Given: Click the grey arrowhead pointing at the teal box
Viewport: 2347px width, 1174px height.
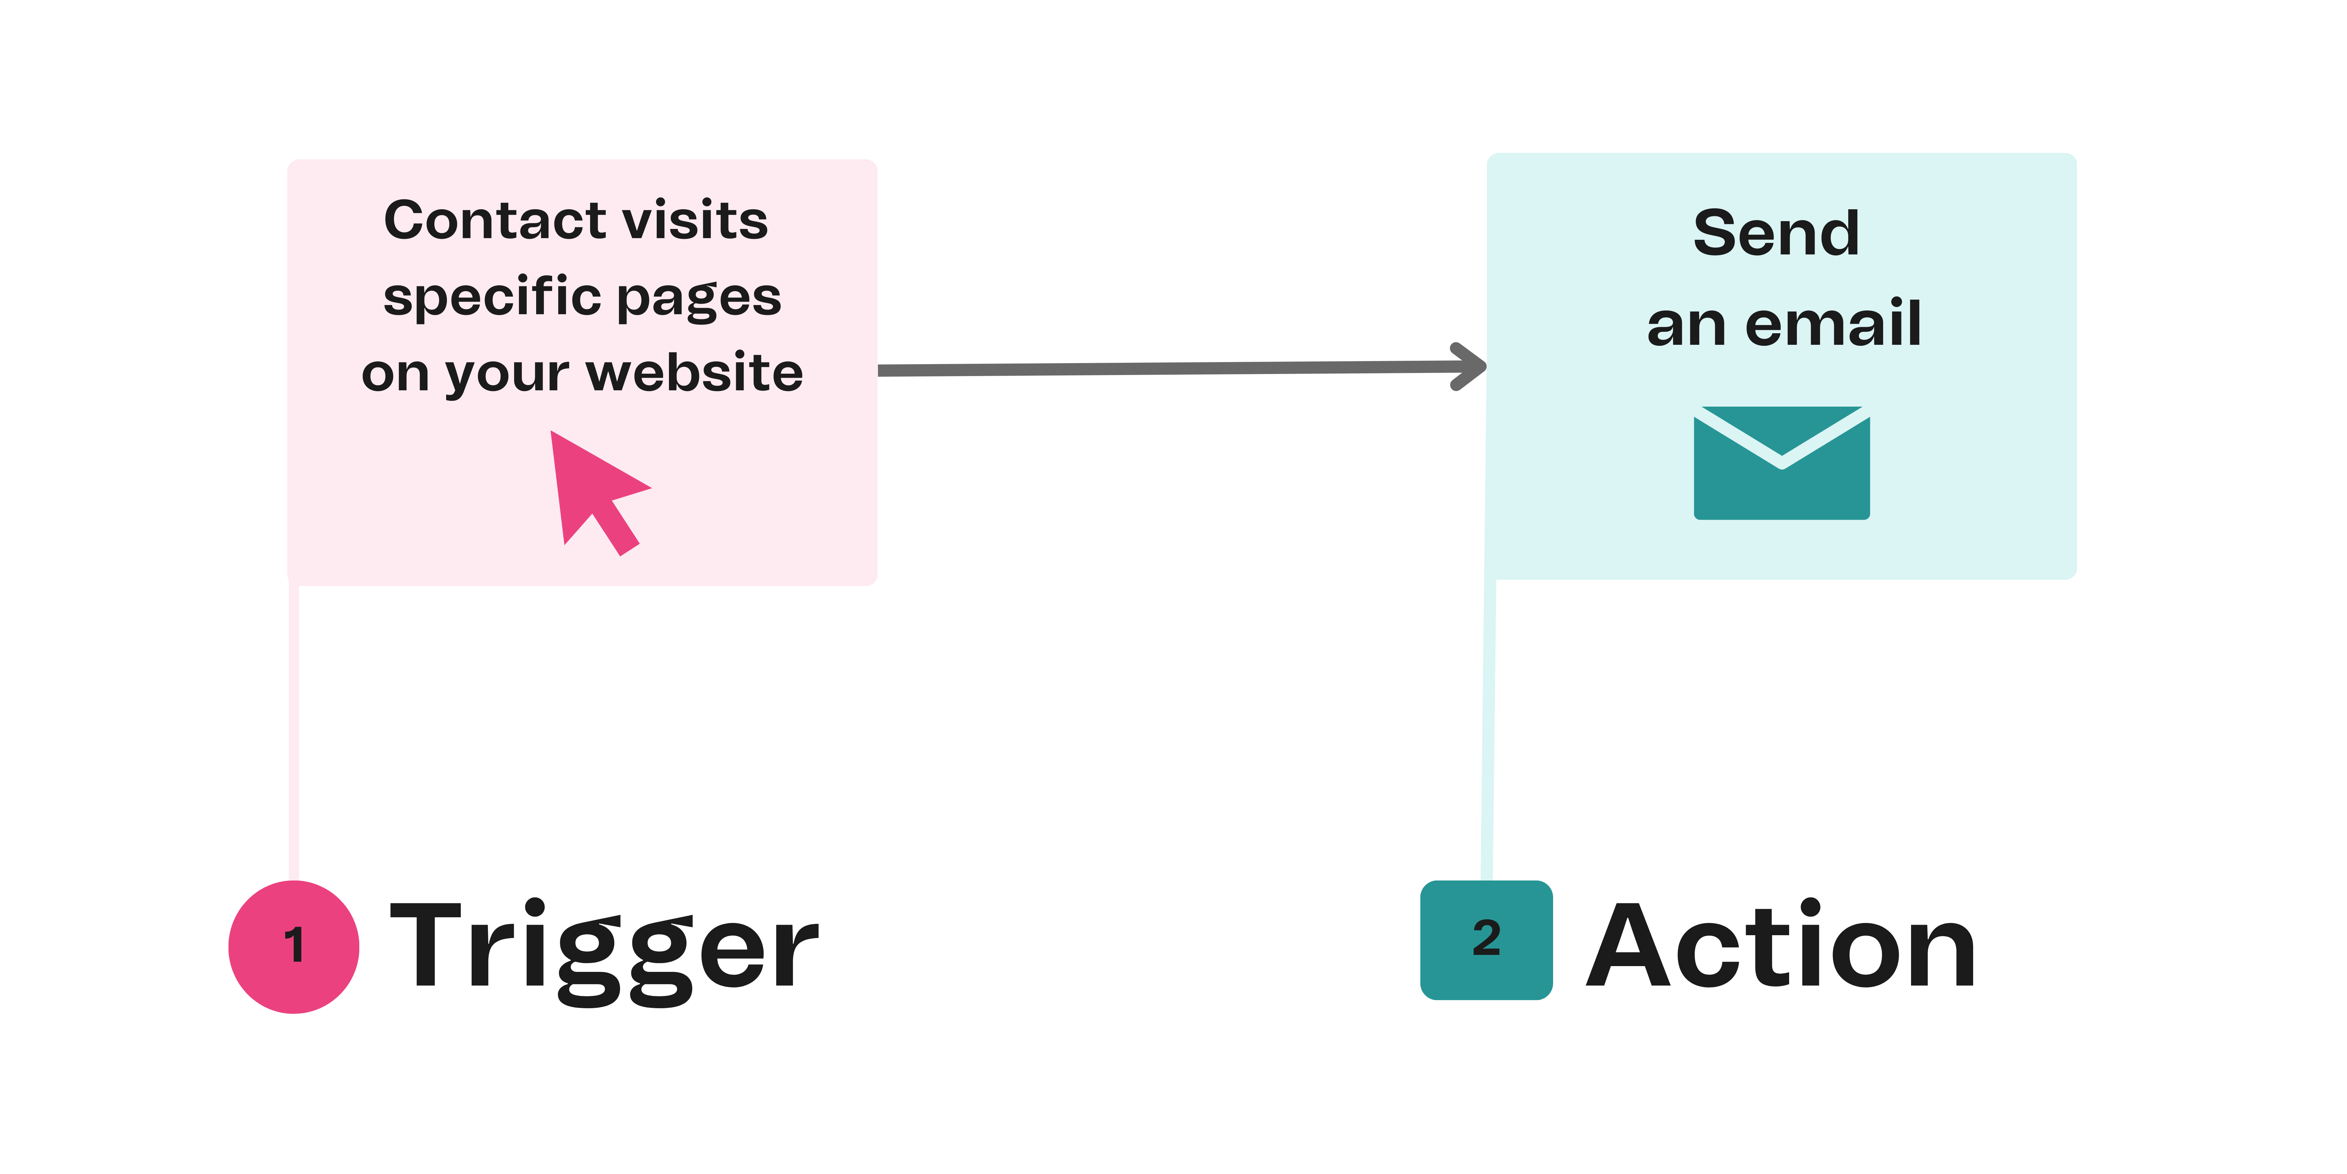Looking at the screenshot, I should click(x=1469, y=367).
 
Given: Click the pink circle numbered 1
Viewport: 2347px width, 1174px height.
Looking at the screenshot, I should click(x=293, y=946).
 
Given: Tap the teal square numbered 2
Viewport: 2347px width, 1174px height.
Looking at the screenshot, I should click(x=1486, y=940).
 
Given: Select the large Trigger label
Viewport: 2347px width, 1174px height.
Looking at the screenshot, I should click(x=603, y=948).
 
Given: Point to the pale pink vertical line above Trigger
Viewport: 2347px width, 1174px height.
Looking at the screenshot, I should click(x=293, y=729).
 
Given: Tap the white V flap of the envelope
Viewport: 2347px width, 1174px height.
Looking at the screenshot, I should click(x=1781, y=447).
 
